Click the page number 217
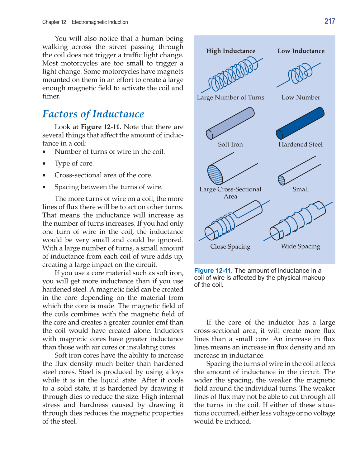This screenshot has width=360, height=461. tap(329, 21)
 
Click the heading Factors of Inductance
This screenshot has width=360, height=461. tap(93, 114)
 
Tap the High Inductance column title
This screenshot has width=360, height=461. tap(230, 51)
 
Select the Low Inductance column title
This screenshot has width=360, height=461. tap(301, 51)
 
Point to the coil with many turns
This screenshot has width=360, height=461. tap(232, 75)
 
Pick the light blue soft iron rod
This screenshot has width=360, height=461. tap(230, 123)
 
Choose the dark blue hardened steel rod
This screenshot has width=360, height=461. tap(300, 123)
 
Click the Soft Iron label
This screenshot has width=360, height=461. tap(230, 144)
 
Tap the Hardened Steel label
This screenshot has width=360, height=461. tap(300, 144)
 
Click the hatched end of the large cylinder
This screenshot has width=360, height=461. tap(215, 174)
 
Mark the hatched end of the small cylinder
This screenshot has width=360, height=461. tap(282, 180)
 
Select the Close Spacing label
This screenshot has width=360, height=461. tap(230, 247)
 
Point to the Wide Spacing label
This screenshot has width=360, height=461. tap(301, 246)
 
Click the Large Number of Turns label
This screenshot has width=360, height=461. tap(230, 98)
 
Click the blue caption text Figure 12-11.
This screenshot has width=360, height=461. tap(213, 271)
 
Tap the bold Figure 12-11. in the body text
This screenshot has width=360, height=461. tap(101, 127)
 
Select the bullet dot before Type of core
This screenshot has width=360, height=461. tap(45, 164)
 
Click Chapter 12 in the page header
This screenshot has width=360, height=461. tap(54, 22)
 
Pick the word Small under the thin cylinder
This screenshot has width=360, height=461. tap(301, 189)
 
